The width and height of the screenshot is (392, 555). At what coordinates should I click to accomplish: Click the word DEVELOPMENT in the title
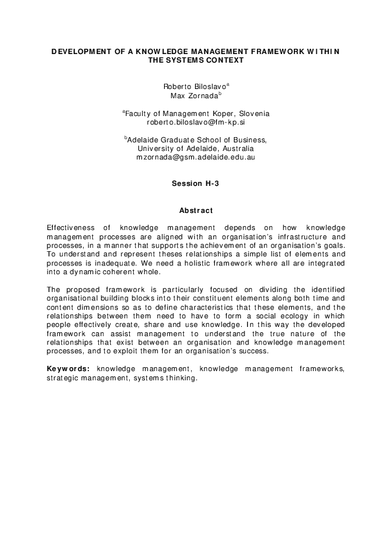pyautogui.click(x=78, y=51)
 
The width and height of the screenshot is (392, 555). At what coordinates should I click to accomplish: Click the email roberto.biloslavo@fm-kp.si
pyautogui.click(x=196, y=122)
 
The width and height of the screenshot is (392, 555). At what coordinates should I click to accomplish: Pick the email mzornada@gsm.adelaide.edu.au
pyautogui.click(x=196, y=158)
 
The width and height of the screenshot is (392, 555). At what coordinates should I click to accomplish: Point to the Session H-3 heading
pyautogui.click(x=195, y=184)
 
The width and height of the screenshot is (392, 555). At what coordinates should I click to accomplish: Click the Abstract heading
pyautogui.click(x=196, y=210)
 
